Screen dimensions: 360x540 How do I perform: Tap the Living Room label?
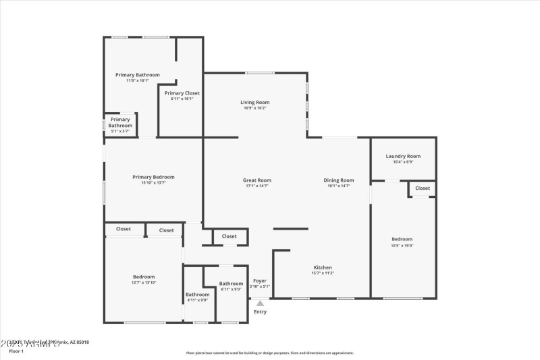pos(254,102)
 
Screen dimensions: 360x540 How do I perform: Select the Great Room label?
pos(257,180)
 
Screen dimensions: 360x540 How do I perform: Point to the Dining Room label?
pos(339,180)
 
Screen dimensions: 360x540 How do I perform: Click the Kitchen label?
pos(323,267)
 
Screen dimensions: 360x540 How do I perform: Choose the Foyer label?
pos(260,280)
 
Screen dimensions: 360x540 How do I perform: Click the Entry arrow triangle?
pos(260,303)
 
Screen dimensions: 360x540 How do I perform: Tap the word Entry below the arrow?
pos(260,312)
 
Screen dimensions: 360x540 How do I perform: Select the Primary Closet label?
pos(182,93)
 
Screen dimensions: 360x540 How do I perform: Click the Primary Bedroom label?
pos(153,177)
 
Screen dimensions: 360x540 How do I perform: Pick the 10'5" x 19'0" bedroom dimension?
pos(402,245)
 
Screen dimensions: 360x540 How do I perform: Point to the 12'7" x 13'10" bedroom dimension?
pos(144,283)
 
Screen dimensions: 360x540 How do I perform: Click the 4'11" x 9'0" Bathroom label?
pos(198,294)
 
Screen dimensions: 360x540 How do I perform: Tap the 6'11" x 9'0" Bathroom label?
pos(231,284)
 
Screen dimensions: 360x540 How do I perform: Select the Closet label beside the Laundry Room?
pos(423,188)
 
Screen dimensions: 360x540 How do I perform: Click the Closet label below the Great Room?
pos(230,236)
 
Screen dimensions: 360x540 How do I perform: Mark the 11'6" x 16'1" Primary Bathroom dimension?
pos(138,81)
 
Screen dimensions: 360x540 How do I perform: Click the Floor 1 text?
pos(16,351)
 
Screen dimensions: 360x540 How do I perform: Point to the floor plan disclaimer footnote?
pos(270,353)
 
